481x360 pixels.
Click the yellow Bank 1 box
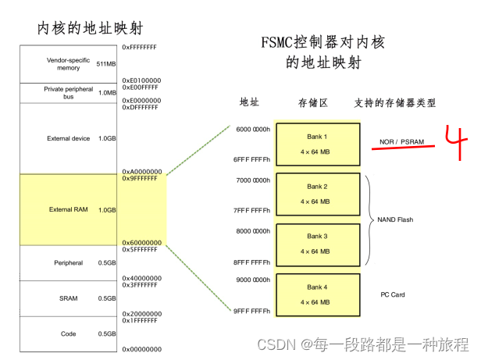tap(316, 142)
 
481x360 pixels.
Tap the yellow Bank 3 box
tap(316, 243)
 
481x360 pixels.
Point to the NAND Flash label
tap(395, 219)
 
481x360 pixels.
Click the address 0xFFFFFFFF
tap(141, 48)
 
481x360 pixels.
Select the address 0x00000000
tap(142, 349)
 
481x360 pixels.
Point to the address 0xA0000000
tap(142, 171)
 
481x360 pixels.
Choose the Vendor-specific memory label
tap(69, 64)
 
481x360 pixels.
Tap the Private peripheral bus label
tap(69, 93)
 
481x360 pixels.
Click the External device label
tap(69, 138)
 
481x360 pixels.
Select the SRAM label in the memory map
tap(69, 298)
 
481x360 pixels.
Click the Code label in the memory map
tap(69, 333)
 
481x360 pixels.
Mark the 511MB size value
tap(107, 64)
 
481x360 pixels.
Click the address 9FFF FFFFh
tap(251, 312)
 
